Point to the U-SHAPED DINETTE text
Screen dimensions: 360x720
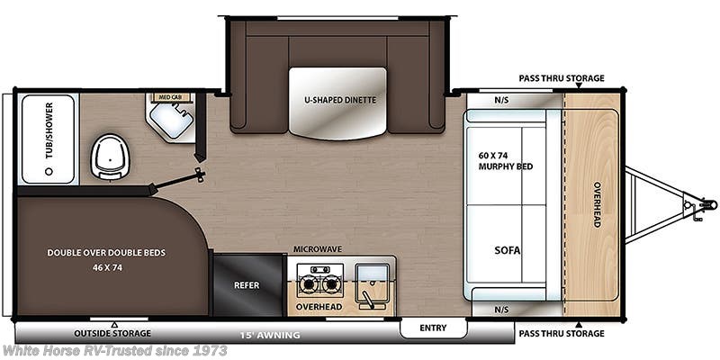pyautogui.click(x=338, y=99)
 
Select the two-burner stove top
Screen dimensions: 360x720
pyautogui.click(x=319, y=283)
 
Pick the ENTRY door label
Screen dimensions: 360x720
pyautogui.click(x=432, y=328)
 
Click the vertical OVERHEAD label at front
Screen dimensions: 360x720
pyautogui.click(x=596, y=204)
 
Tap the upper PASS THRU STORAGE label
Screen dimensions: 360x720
pyautogui.click(x=561, y=78)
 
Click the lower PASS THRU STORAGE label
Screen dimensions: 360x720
pyautogui.click(x=561, y=334)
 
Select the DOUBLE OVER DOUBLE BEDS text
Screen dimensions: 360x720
pyautogui.click(x=107, y=253)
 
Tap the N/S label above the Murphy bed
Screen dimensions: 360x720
pyautogui.click(x=501, y=101)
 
